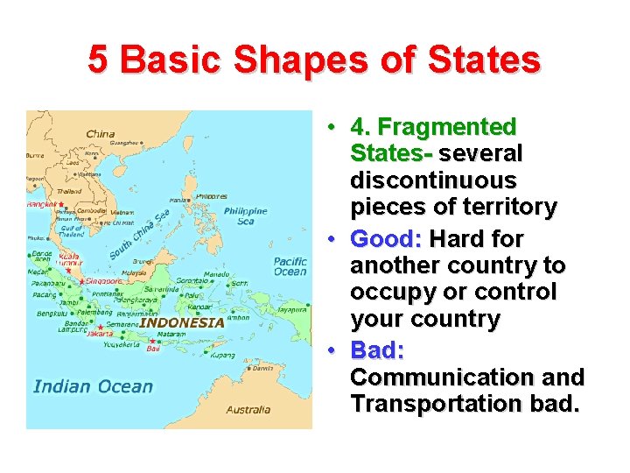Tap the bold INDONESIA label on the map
pos(182,321)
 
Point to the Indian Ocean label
pos(93,386)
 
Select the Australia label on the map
pos(248,409)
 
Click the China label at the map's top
pos(100,134)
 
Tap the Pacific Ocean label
pos(290,266)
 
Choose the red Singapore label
pos(104,282)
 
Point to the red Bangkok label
pos(40,205)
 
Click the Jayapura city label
pos(290,309)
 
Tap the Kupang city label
pos(223,356)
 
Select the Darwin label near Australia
pos(262,368)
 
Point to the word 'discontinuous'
pos(433,180)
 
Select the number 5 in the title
pos(99,60)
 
